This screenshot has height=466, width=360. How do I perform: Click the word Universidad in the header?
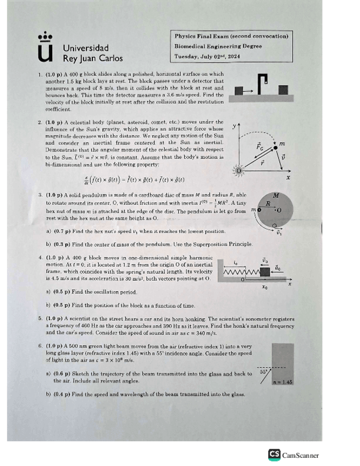click(x=86, y=48)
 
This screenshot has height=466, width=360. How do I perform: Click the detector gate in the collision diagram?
click(x=264, y=83)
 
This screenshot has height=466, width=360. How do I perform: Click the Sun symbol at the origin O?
click(x=239, y=171)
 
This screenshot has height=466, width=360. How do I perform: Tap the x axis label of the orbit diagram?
click(x=288, y=178)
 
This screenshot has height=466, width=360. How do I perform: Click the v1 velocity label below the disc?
click(x=279, y=232)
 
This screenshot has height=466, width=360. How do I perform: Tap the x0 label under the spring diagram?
click(x=264, y=287)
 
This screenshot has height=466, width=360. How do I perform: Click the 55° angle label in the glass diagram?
click(x=264, y=372)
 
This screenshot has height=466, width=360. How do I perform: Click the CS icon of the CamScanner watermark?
click(x=274, y=454)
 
